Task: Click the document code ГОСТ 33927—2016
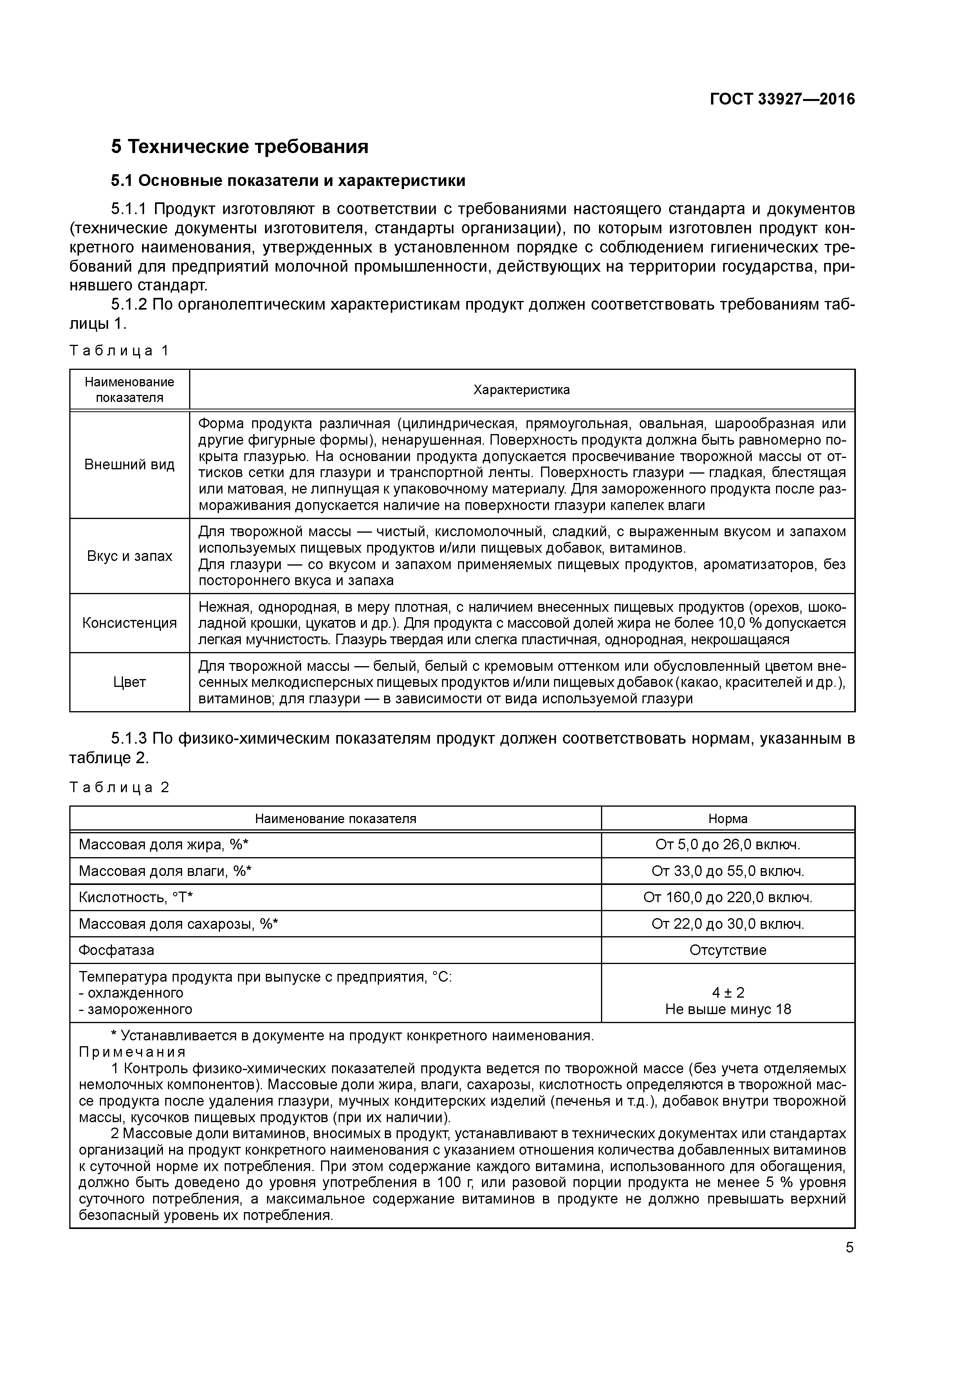pyautogui.click(x=782, y=99)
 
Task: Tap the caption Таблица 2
pyautogui.click(x=120, y=787)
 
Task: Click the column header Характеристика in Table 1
pyautogui.click(x=521, y=390)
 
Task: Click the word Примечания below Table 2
pyautogui.click(x=132, y=1052)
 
